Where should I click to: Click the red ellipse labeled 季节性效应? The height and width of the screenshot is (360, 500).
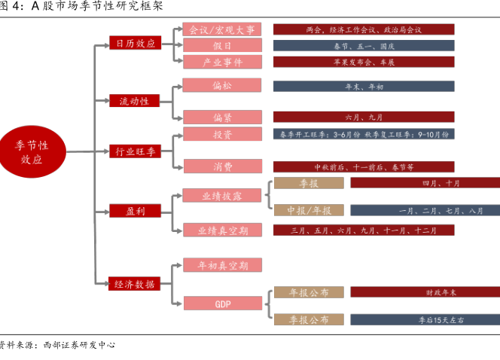[x=32, y=151]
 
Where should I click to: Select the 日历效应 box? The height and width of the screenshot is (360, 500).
[x=135, y=44]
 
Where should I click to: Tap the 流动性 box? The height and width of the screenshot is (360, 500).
[x=135, y=100]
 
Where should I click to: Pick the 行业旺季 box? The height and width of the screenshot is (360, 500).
[x=135, y=151]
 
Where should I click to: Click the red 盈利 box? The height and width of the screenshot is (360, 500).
[x=135, y=211]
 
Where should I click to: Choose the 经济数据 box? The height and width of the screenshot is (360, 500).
[x=135, y=284]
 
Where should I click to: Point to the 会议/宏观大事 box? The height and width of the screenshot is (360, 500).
[x=222, y=29]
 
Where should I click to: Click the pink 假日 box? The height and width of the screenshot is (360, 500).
[x=222, y=45]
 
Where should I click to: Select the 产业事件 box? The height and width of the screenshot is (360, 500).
[x=222, y=62]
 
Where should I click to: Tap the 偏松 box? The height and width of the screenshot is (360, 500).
[x=222, y=84]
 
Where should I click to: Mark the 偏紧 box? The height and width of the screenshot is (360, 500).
[x=222, y=117]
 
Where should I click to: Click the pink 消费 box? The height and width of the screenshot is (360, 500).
[x=222, y=166]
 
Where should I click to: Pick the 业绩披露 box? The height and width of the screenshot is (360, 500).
[x=222, y=196]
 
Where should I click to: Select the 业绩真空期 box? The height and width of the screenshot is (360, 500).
[x=222, y=230]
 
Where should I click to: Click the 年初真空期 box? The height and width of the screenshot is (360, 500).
[x=222, y=265]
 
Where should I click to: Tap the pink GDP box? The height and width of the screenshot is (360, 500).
[x=222, y=304]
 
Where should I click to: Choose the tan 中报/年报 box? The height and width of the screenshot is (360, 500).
[x=308, y=210]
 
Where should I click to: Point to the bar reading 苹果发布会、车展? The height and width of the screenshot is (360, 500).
[x=364, y=62]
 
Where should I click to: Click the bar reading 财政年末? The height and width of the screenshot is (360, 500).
[x=425, y=292]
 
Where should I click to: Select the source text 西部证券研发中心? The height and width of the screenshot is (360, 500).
[x=78, y=345]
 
